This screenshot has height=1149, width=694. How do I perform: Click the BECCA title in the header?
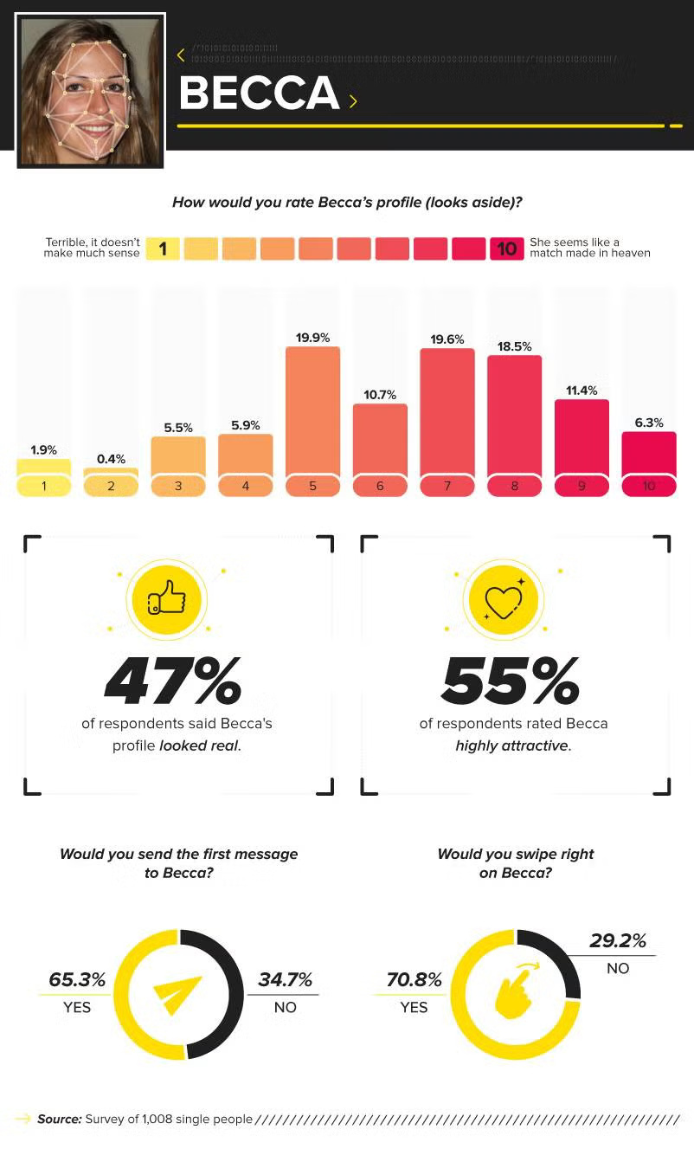pyautogui.click(x=258, y=94)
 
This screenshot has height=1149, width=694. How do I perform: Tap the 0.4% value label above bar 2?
pyautogui.click(x=111, y=459)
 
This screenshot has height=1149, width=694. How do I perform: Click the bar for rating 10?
pyautogui.click(x=649, y=455)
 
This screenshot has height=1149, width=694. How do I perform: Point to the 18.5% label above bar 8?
pyautogui.click(x=514, y=346)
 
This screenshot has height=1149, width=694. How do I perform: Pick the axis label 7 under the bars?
pyautogui.click(x=447, y=487)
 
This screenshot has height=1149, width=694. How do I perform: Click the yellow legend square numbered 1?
pyautogui.click(x=162, y=249)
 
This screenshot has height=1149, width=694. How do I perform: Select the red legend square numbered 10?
pyautogui.click(x=506, y=249)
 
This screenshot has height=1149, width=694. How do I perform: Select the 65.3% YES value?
pyautogui.click(x=77, y=980)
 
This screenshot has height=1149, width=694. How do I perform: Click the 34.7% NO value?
pyautogui.click(x=285, y=980)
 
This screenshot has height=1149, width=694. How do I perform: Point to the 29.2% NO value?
pyautogui.click(x=618, y=941)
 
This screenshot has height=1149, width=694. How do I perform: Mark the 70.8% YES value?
pyautogui.click(x=414, y=980)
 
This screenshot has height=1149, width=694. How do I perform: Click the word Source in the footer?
pyautogui.click(x=59, y=1119)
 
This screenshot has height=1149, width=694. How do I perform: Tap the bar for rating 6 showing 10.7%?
pyautogui.click(x=380, y=440)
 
